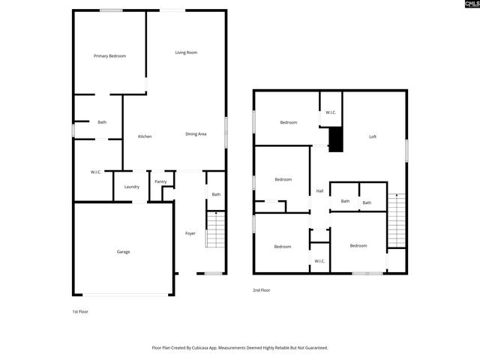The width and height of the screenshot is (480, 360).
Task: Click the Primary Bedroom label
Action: (x=109, y=56)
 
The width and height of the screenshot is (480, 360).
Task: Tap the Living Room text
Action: (x=186, y=52)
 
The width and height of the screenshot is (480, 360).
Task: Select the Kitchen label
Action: (x=145, y=136)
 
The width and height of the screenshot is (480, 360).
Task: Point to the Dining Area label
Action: (x=196, y=134)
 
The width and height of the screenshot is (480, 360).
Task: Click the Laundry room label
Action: (x=131, y=187)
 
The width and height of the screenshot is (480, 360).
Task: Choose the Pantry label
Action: (x=160, y=181)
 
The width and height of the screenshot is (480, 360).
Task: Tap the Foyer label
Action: (x=190, y=233)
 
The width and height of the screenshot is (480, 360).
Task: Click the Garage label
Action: (x=123, y=252)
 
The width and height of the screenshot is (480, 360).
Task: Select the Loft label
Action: (x=373, y=136)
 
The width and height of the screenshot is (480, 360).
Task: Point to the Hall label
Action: (x=319, y=191)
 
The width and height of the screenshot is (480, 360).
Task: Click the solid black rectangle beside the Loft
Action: (x=336, y=139)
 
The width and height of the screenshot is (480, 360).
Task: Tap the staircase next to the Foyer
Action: (x=216, y=229)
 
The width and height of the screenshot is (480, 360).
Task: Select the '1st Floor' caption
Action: (x=80, y=310)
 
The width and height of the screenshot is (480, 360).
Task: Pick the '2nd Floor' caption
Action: (x=262, y=289)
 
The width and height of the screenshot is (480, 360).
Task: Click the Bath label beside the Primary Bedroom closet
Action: (x=102, y=122)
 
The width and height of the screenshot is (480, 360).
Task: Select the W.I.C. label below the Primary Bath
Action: (x=96, y=172)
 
